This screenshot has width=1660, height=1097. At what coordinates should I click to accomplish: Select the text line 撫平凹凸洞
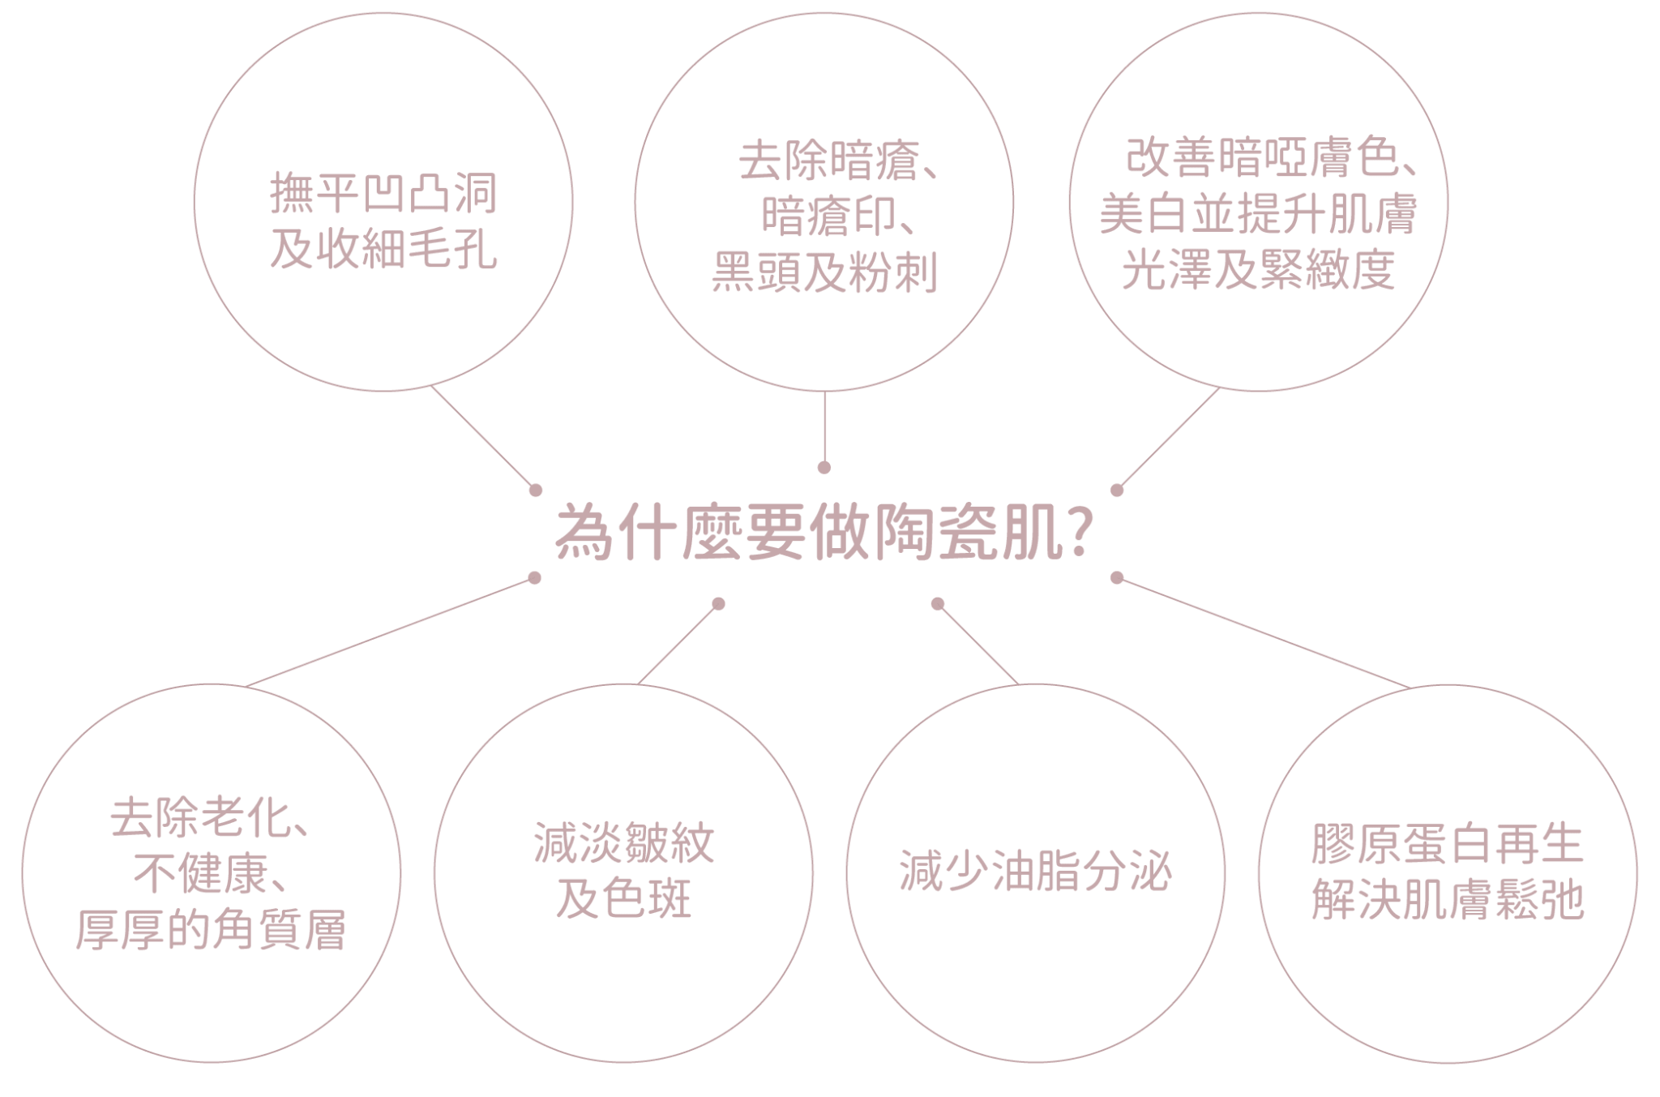coord(383,194)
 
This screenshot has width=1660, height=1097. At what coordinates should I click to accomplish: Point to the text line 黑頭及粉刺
coord(824,272)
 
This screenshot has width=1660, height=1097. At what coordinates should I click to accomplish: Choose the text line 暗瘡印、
coord(839,217)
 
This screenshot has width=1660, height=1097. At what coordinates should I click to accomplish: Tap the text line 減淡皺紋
coord(624,843)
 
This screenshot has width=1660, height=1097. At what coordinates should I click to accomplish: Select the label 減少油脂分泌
coord(1036,872)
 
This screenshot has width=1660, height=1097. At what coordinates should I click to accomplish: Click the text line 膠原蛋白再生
coord(1448,845)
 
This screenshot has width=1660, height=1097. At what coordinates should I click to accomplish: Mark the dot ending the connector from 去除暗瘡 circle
coord(824,467)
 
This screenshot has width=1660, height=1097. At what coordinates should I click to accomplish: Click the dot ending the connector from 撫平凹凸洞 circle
coord(535,490)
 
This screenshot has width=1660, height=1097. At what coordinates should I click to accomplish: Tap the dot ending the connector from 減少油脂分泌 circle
coord(938,603)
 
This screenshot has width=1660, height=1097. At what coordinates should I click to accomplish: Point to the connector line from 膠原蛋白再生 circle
coord(1264,632)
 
